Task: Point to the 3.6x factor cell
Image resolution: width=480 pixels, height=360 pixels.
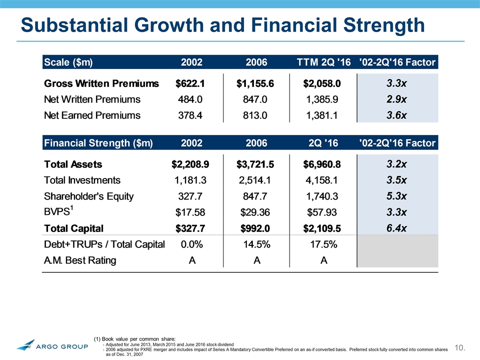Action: [x=397, y=115]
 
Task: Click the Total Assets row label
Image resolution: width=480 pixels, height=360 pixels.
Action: [x=73, y=164]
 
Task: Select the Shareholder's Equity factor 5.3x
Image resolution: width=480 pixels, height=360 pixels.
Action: [x=397, y=196]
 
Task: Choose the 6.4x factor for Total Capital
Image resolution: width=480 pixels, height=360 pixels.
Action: [x=397, y=228]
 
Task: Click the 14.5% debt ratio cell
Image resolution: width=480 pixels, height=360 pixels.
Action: [x=256, y=244]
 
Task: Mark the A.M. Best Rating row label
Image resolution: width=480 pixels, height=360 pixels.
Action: [x=80, y=260]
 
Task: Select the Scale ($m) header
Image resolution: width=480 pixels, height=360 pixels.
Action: [x=68, y=62]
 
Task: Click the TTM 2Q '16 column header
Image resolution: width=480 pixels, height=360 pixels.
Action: [x=324, y=62]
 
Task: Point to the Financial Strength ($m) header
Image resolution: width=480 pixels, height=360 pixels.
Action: [x=98, y=143]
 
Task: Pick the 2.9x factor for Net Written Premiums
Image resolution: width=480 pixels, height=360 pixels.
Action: [x=397, y=99]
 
